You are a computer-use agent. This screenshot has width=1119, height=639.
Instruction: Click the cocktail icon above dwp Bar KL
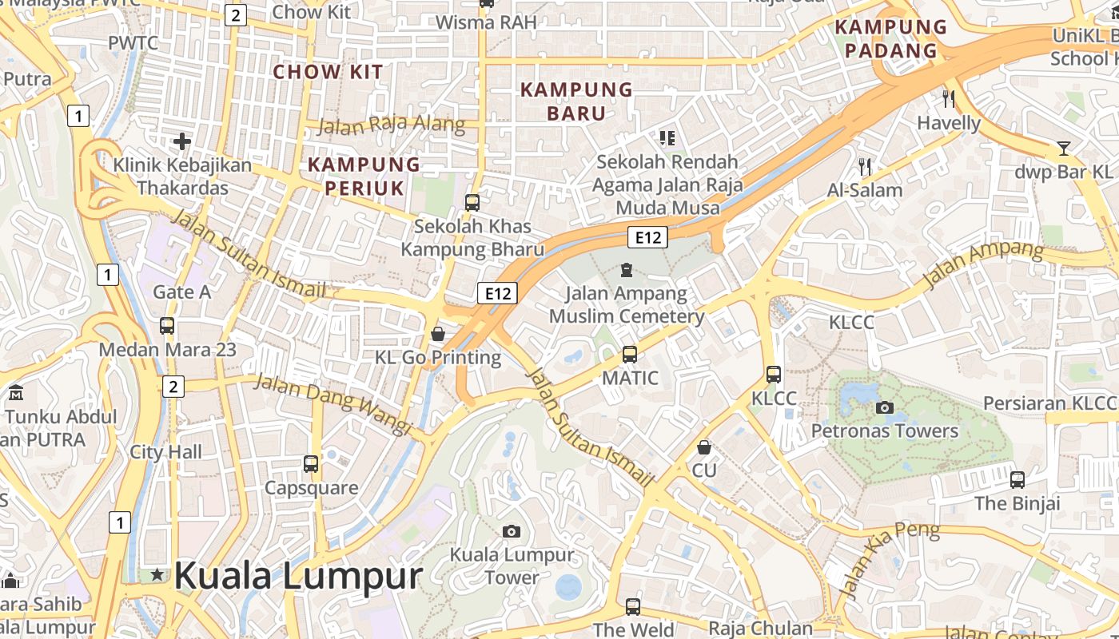point(1063,148)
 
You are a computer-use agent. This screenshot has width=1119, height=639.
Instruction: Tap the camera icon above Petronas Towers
point(884,407)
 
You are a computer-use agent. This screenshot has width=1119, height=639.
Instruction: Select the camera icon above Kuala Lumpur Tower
point(512,531)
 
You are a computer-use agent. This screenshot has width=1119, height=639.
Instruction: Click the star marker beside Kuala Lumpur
point(157,574)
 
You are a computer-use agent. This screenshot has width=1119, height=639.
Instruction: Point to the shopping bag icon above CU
point(704,447)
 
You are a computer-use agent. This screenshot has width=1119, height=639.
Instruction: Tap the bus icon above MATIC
point(630,354)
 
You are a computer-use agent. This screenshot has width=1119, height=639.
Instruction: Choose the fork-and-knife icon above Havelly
point(949,99)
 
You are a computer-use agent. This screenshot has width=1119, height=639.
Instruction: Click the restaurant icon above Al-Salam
point(864,166)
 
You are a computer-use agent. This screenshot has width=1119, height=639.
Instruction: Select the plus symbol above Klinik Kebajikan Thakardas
point(182,141)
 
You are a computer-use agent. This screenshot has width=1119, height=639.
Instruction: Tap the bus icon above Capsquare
point(311,463)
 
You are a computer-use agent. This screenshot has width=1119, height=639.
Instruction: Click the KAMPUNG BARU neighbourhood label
point(576,101)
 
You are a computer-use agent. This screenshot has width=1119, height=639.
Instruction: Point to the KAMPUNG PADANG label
point(890,39)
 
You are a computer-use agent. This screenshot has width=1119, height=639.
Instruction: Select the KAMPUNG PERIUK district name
point(364,176)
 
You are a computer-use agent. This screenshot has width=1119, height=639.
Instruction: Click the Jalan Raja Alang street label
point(391,125)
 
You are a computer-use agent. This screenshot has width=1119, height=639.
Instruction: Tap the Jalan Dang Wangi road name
point(333,403)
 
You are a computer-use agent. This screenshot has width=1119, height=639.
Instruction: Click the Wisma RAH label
point(486,22)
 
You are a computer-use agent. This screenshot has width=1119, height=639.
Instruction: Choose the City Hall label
point(166,452)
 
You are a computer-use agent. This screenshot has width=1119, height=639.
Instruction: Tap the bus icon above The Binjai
point(1017,479)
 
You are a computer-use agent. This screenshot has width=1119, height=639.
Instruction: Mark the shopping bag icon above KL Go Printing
point(437,333)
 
